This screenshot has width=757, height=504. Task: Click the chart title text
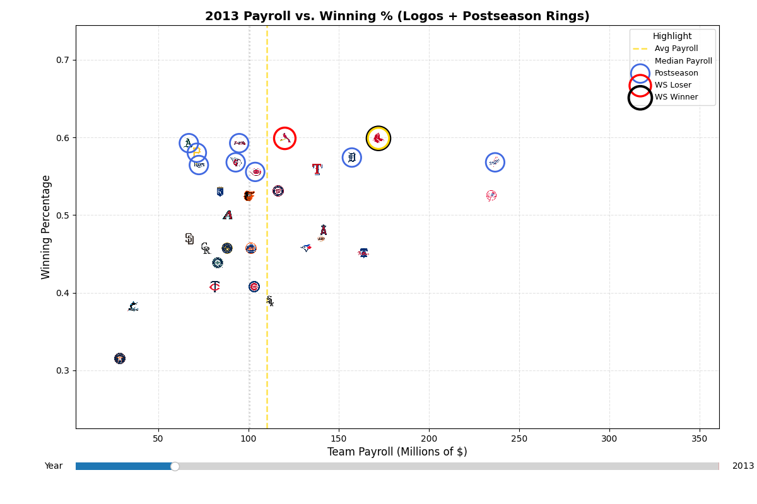coord(397,16)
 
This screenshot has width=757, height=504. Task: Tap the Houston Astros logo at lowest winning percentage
coord(120,358)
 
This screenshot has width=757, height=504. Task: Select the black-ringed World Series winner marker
coord(378,138)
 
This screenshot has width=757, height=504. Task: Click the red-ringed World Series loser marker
coord(285,138)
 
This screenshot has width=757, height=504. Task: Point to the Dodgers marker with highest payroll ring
coord(495,163)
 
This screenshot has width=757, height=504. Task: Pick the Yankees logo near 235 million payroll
coord(491,196)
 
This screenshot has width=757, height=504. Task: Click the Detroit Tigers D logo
coord(351,157)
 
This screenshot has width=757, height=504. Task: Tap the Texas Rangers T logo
coord(317,169)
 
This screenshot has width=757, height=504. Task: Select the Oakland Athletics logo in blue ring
coord(188,143)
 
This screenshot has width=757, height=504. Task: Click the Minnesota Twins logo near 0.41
coord(214,287)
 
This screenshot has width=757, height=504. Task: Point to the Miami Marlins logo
coord(132,307)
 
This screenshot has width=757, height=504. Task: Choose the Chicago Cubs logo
coord(254,287)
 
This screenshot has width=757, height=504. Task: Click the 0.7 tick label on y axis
coord(64,60)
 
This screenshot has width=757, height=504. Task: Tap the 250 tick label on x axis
coord(519,438)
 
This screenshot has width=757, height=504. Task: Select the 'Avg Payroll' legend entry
coord(676,49)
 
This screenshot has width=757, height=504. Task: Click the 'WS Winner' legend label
coord(676,97)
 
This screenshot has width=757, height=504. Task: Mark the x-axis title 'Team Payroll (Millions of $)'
coord(397,452)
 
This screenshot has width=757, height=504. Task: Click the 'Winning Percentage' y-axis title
coord(46,227)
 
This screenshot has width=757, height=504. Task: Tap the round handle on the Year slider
coord(175,466)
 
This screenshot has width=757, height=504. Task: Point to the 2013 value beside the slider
coord(742,466)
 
